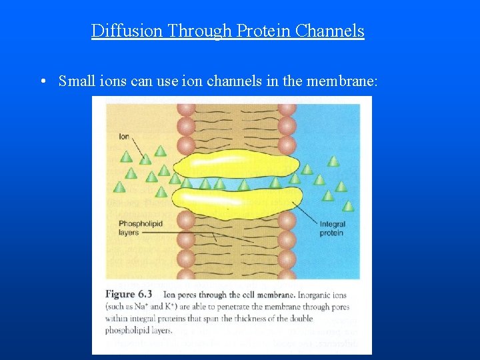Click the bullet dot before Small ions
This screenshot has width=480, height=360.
(x=42, y=82)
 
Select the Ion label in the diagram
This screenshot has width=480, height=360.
(x=123, y=137)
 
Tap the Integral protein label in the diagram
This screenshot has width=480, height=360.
(x=331, y=229)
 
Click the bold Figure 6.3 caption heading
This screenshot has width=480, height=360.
(x=129, y=295)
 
